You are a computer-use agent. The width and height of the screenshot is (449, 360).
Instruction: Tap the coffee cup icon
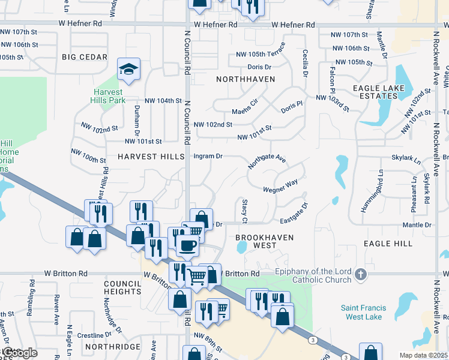pyautogui.click(x=187, y=245)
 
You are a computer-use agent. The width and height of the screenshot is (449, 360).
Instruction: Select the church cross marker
pyautogui.click(x=360, y=274)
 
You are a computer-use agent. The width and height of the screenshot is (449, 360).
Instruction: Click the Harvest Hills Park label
pyautogui.click(x=109, y=96)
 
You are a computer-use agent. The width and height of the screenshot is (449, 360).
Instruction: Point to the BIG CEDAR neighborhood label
pyautogui.click(x=84, y=58)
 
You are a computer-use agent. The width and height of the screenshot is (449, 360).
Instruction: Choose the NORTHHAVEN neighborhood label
pyautogui.click(x=245, y=79)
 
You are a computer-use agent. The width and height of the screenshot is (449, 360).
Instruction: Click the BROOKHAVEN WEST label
pyautogui.click(x=265, y=241)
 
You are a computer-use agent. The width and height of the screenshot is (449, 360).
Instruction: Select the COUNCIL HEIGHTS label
pyautogui.click(x=122, y=287)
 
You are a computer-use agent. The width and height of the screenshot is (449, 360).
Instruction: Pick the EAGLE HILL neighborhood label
pyautogui.click(x=388, y=244)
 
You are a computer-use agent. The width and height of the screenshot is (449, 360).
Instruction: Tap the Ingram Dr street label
pyautogui.click(x=208, y=156)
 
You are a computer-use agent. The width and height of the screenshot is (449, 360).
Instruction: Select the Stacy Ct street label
pyautogui.click(x=244, y=210)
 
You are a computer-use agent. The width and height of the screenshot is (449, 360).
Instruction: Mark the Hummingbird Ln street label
pyautogui.click(x=381, y=191)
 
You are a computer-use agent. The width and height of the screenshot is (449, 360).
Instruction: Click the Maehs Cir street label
pyautogui.click(x=245, y=112)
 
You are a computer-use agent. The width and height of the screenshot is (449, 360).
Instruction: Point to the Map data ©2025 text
pyautogui.click(x=423, y=355)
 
